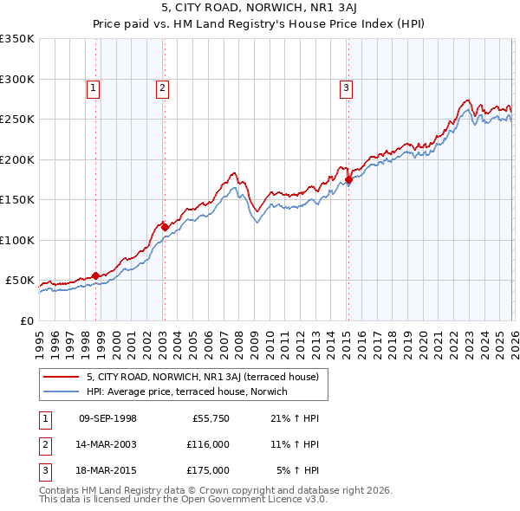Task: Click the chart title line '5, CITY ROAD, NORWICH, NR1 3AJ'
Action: (260, 9)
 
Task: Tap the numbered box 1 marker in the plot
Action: (93, 87)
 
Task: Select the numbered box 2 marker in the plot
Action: (162, 87)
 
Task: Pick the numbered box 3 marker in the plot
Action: (346, 87)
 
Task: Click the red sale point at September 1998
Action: (95, 275)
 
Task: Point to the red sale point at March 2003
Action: (164, 227)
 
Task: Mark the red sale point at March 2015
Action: (348, 179)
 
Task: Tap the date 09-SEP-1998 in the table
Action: (107, 418)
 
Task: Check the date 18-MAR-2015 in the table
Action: (107, 470)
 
